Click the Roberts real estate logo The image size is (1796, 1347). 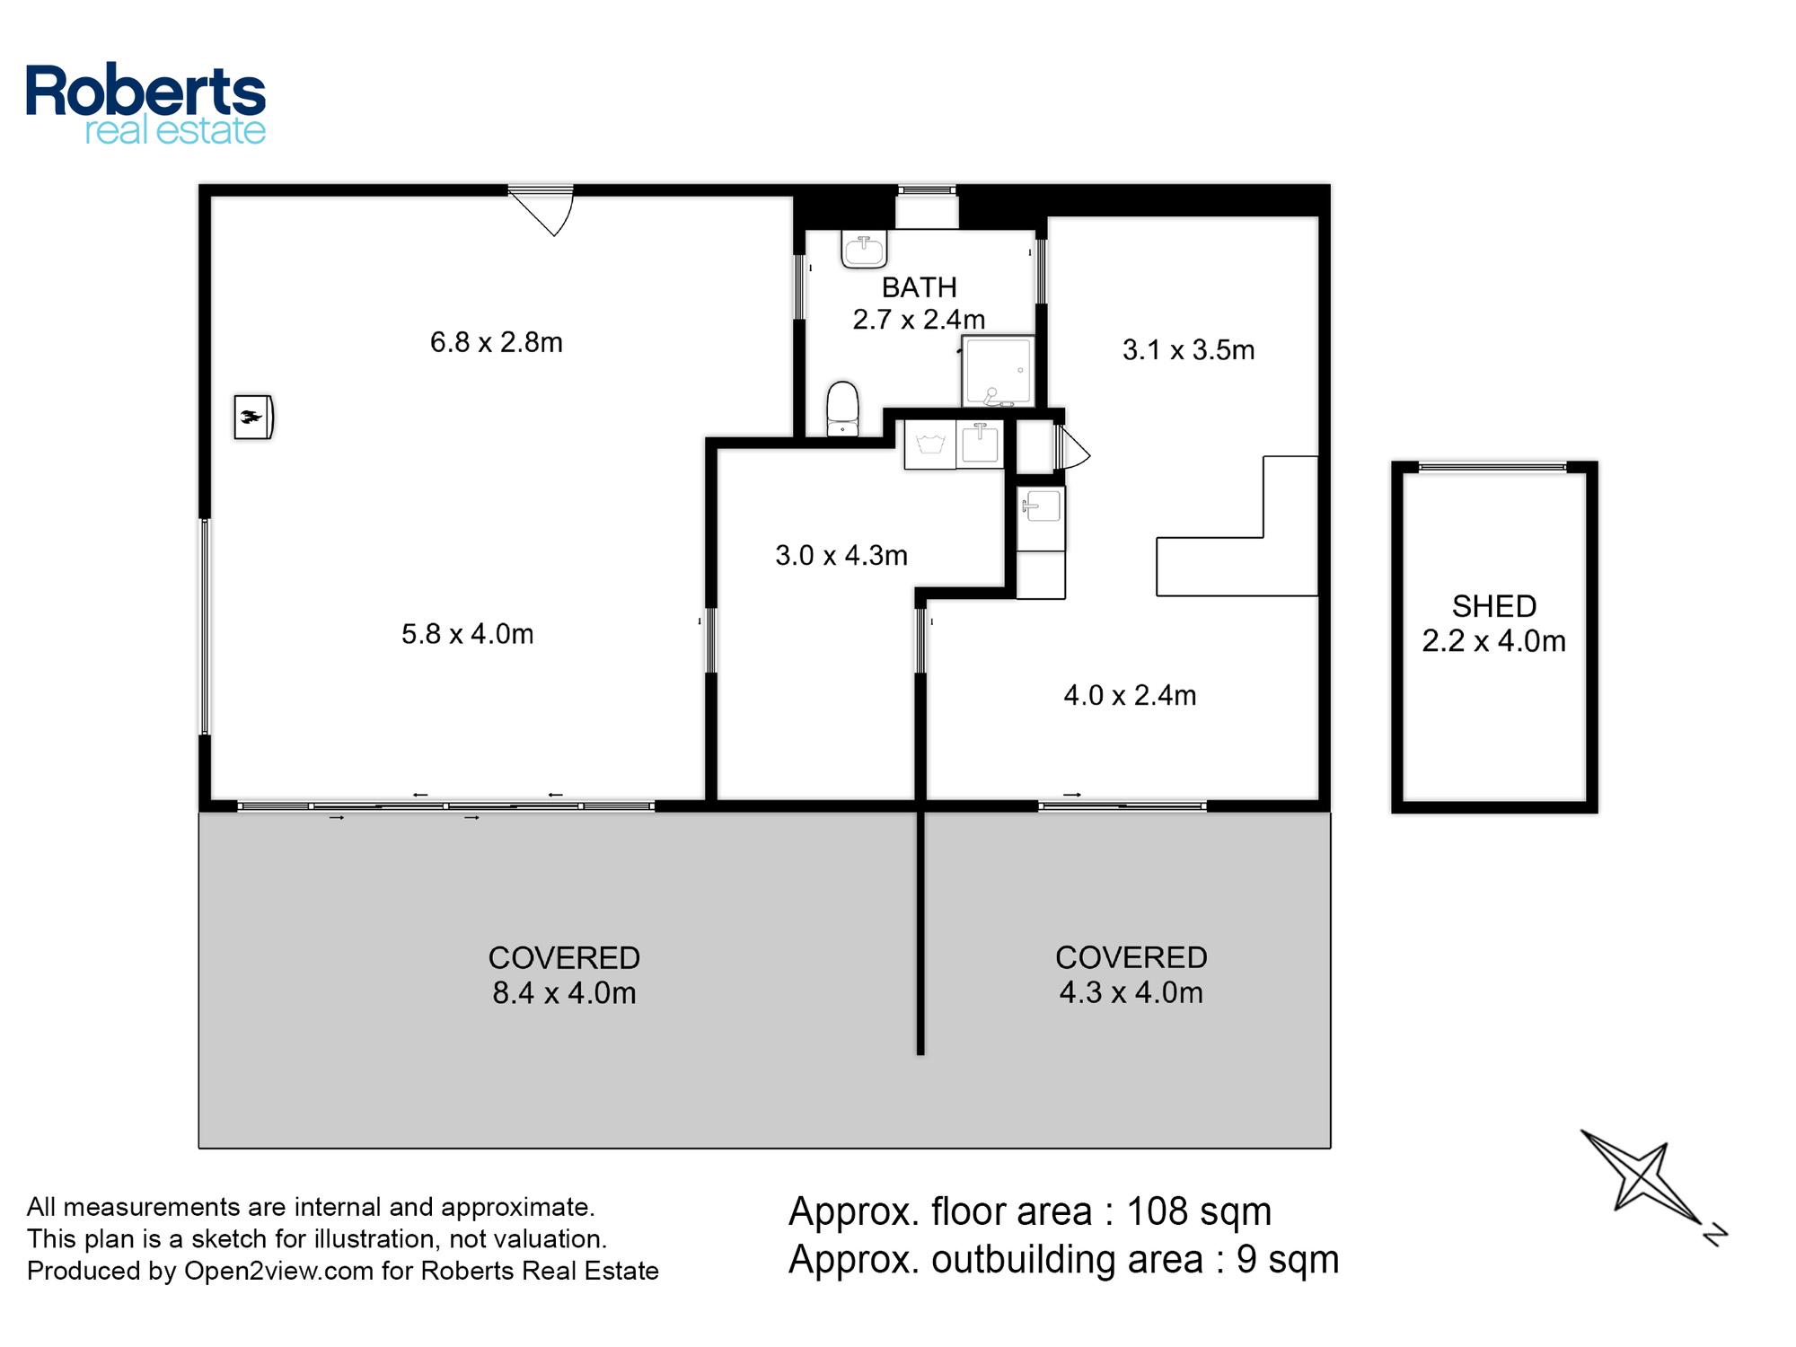(145, 104)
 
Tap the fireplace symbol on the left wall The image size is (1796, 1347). (253, 417)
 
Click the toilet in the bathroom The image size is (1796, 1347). (841, 409)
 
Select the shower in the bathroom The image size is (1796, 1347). (998, 371)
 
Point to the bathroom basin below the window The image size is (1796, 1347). (864, 249)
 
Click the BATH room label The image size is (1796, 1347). (919, 287)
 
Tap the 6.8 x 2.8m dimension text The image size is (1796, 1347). (497, 342)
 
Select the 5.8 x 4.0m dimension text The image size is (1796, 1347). (467, 634)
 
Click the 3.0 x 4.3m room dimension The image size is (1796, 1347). (841, 555)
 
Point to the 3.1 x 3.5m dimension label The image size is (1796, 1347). (1188, 349)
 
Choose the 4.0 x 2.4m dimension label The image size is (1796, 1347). (1130, 695)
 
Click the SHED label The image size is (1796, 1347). (1494, 606)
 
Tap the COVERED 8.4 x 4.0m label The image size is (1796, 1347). (564, 975)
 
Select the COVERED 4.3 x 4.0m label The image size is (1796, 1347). (1131, 974)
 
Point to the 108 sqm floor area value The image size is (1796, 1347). (1199, 1211)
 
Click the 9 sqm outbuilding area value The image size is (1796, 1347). (1288, 1259)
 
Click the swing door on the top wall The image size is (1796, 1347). (541, 211)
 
